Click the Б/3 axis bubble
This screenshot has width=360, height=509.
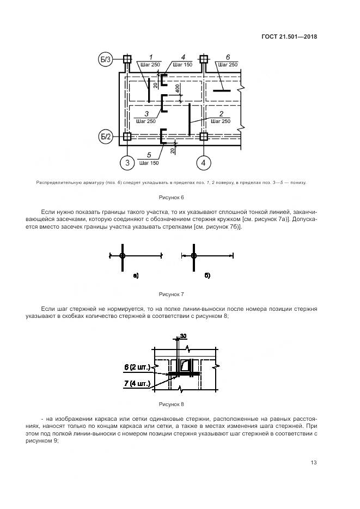tap(106, 60)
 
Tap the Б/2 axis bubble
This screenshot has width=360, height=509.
tap(106, 137)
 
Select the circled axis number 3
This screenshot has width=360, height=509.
tap(127, 162)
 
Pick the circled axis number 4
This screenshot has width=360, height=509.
tap(203, 162)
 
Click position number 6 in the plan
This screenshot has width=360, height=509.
tap(227, 57)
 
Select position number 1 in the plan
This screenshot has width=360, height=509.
tap(150, 57)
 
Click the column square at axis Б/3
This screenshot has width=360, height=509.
tap(127, 59)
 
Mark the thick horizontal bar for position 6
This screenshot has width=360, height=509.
tap(222, 91)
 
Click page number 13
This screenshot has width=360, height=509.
tap(314, 463)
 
